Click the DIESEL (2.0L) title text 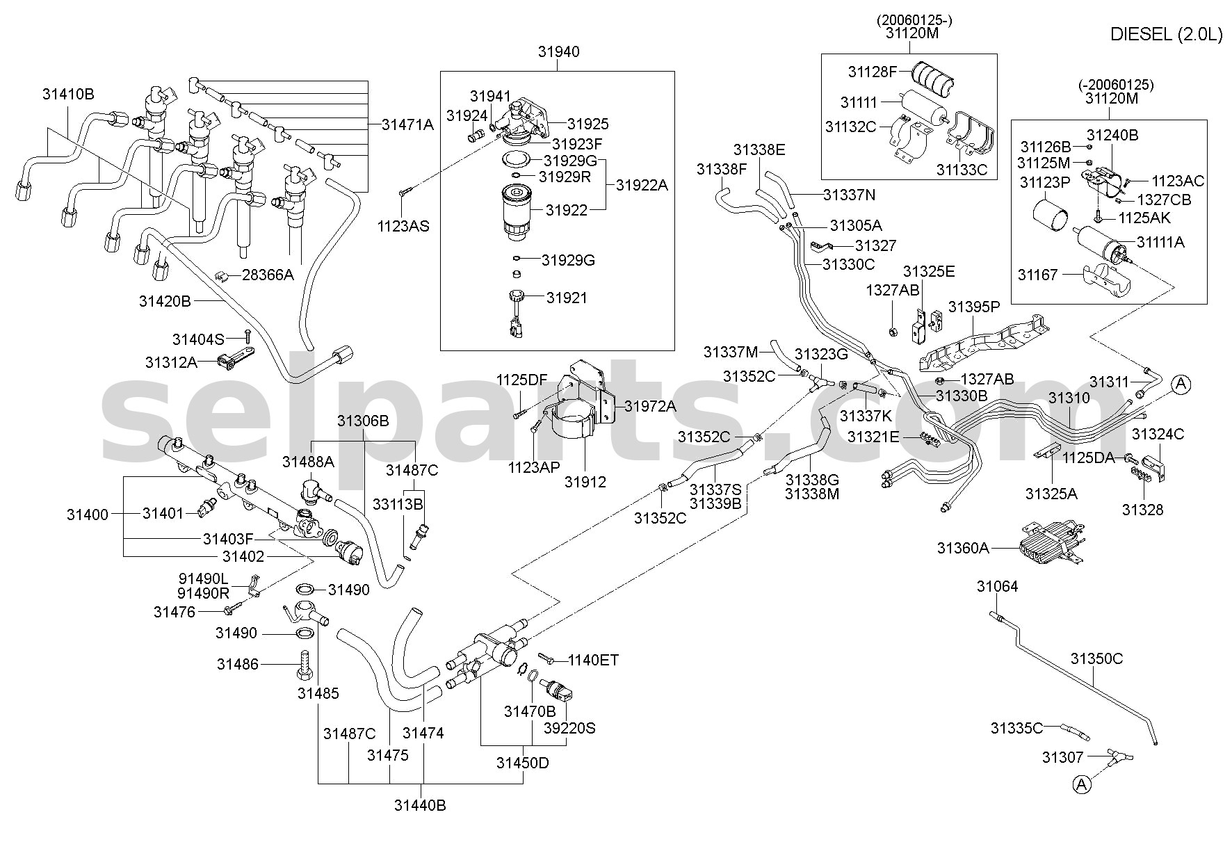1166,35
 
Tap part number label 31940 558,52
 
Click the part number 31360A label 963,548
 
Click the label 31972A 650,407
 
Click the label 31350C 1096,658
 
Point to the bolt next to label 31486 304,665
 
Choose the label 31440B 420,807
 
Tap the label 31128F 873,72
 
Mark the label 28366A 268,275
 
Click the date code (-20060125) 1117,85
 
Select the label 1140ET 593,660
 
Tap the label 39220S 569,729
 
